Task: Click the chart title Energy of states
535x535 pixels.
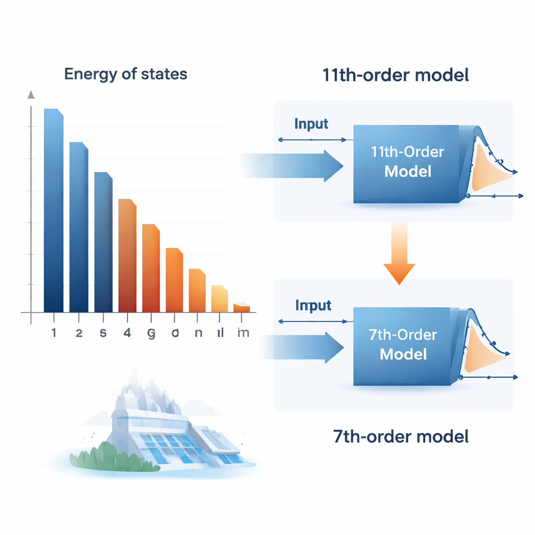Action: click(x=125, y=74)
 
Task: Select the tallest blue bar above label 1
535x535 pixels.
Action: click(x=53, y=209)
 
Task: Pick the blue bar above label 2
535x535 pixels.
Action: click(x=79, y=227)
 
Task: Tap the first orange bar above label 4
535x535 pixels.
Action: click(x=127, y=256)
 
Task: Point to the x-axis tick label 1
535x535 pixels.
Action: click(x=54, y=333)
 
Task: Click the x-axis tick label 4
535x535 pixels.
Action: click(x=127, y=333)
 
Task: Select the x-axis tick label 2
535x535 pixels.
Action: click(x=79, y=333)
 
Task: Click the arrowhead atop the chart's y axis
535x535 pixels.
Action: click(x=31, y=95)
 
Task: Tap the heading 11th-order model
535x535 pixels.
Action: click(x=396, y=75)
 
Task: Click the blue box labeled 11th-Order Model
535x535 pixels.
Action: click(x=406, y=163)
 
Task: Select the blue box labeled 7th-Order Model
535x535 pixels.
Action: click(x=402, y=345)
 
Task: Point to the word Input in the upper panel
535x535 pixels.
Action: click(x=311, y=124)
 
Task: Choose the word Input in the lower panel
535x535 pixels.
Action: click(x=313, y=305)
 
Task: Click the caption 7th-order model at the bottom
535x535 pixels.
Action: click(x=401, y=436)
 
